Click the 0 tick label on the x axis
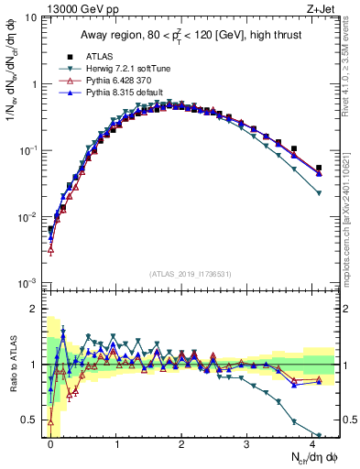coord(51,443)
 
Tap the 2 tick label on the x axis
coord(182,443)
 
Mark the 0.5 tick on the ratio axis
coord(35,420)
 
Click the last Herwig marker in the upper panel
coord(319,192)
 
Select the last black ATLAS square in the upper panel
coord(319,169)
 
